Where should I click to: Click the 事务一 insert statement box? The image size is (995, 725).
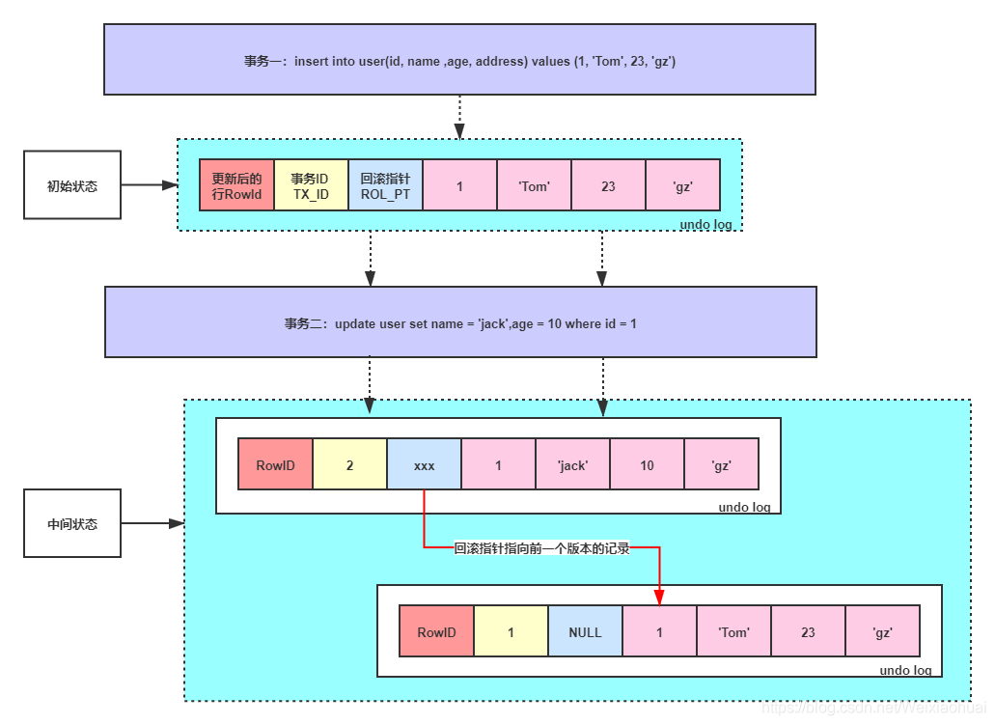click(x=459, y=60)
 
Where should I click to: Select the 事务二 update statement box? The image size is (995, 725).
click(x=460, y=322)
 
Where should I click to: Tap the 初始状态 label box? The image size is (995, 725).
click(x=72, y=184)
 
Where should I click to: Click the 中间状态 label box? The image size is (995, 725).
click(x=72, y=523)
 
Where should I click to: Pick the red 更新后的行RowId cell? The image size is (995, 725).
click(x=236, y=185)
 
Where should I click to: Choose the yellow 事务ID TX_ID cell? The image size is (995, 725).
click(x=311, y=185)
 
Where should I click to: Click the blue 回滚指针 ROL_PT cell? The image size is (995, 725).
click(x=385, y=185)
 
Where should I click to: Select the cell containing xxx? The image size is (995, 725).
click(x=424, y=464)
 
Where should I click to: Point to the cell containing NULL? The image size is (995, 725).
click(x=585, y=631)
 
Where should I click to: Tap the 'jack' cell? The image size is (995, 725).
click(x=572, y=464)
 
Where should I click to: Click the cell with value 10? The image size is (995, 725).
click(x=647, y=464)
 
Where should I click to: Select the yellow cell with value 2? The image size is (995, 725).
click(x=349, y=464)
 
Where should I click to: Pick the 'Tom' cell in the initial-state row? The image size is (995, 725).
click(x=534, y=185)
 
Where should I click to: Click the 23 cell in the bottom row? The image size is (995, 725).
click(x=808, y=631)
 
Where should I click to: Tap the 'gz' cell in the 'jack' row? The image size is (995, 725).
click(x=721, y=464)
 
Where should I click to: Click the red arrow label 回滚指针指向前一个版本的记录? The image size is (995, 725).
click(x=541, y=548)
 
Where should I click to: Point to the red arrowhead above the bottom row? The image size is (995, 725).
click(x=660, y=596)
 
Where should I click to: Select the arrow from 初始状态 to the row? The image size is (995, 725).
click(x=150, y=184)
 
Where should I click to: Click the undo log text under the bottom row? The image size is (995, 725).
click(x=905, y=670)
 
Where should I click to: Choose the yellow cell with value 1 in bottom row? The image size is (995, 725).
click(x=511, y=631)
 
